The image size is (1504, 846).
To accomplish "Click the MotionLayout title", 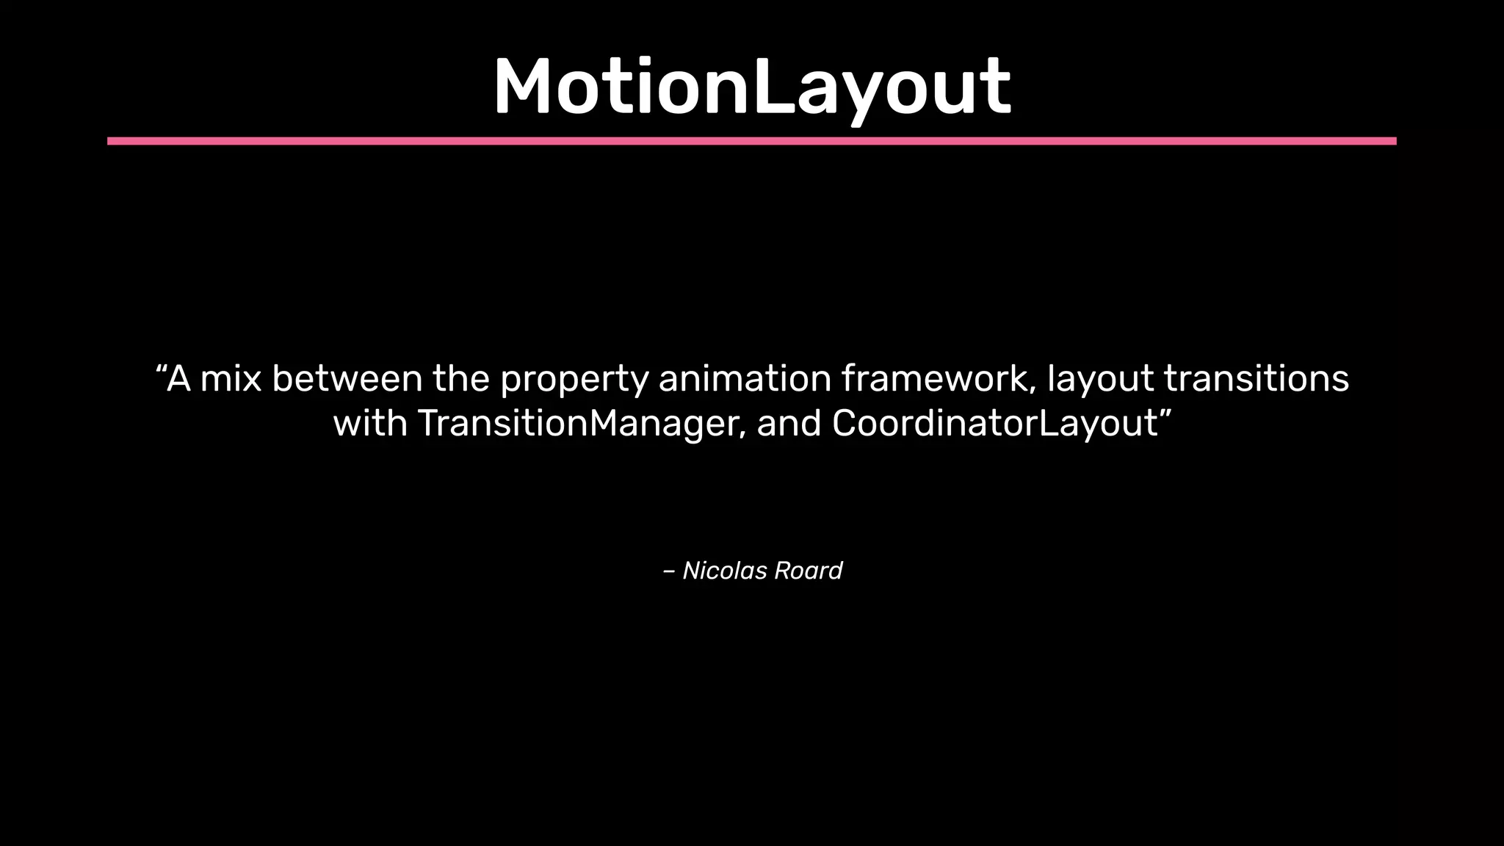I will pos(752,87).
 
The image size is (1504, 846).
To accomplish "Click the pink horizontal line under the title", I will pos(752,141).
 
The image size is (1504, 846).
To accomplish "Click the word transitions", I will pos(1256,379).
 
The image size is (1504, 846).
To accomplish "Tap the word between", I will pos(347,379).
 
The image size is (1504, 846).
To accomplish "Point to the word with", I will pos(370,424).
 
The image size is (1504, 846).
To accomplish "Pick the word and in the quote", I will pos(789,424).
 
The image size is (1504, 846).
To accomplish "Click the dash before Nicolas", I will pos(668,571).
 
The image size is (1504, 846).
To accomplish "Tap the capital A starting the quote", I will pos(179,379).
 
